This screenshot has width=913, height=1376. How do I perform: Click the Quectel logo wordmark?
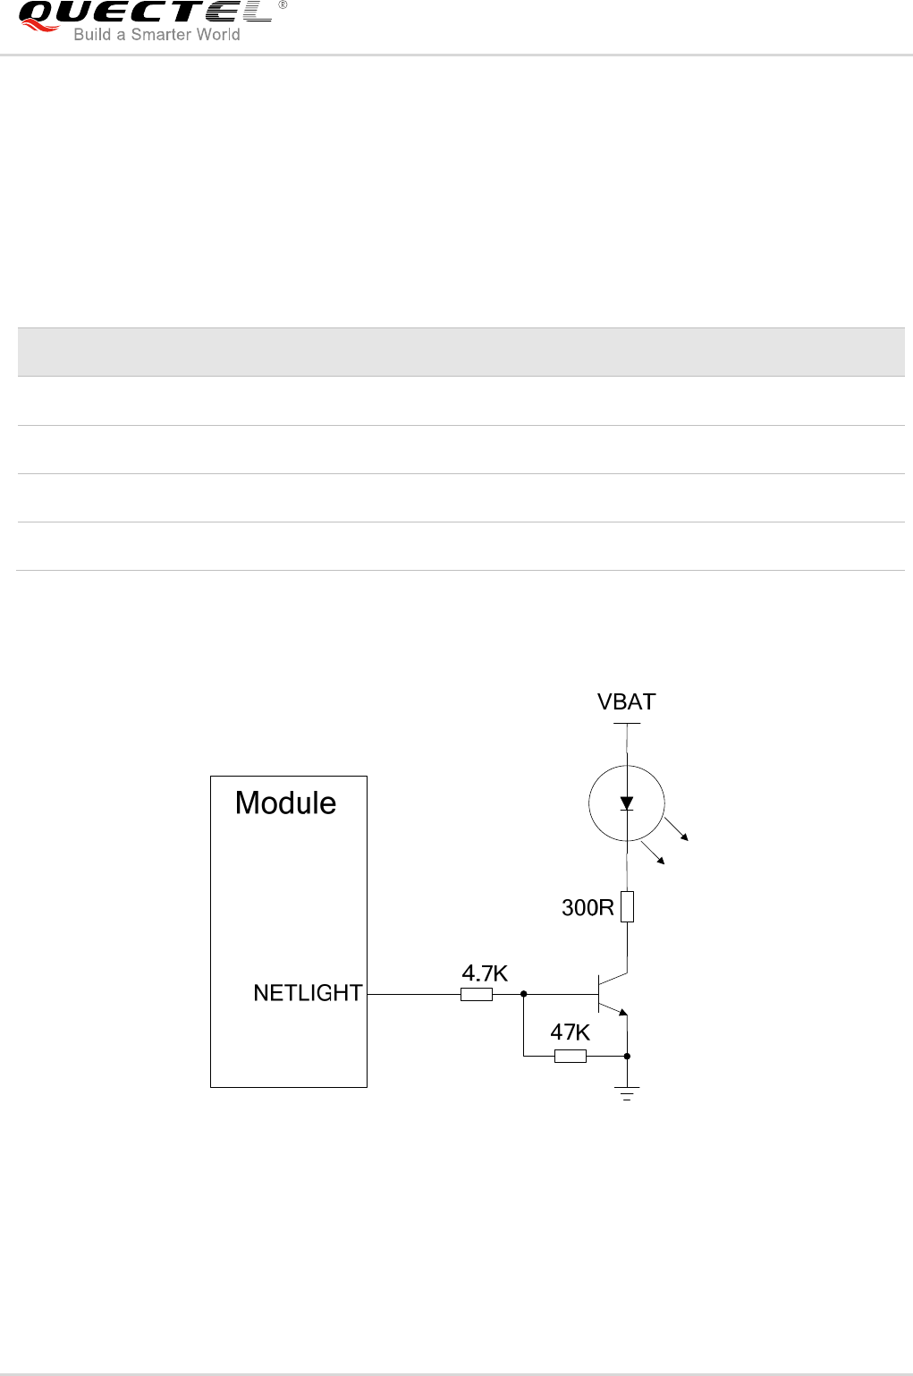click(x=143, y=13)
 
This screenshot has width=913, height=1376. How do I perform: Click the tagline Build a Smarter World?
click(x=156, y=35)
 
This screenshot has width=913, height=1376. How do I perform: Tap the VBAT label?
click(x=626, y=702)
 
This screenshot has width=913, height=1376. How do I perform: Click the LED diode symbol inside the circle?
click(x=627, y=803)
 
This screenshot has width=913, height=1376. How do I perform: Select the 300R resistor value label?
click(x=588, y=908)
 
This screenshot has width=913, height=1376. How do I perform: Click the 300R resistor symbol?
click(x=628, y=906)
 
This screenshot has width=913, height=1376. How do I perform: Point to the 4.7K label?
click(x=485, y=973)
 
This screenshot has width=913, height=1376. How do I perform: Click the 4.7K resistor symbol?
click(x=477, y=994)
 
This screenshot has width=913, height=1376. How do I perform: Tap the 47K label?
click(x=570, y=1032)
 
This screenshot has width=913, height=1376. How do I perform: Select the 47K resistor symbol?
click(x=571, y=1057)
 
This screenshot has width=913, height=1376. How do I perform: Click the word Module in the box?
click(x=285, y=803)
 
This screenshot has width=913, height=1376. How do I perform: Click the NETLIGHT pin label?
click(x=308, y=993)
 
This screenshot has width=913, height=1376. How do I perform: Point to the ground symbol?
click(x=627, y=1092)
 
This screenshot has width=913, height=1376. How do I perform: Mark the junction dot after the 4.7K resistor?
click(x=523, y=993)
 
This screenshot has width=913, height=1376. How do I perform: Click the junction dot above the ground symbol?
click(x=627, y=1057)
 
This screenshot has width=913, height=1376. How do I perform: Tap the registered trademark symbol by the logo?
click(x=283, y=5)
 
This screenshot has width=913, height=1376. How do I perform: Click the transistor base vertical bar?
click(x=598, y=993)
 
